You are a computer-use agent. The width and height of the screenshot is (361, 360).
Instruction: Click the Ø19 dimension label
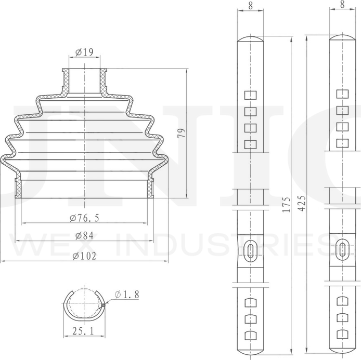tap(84, 52)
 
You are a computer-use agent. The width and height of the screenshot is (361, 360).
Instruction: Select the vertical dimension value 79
tap(181, 134)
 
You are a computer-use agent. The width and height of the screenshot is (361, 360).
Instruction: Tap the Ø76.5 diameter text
tap(84, 217)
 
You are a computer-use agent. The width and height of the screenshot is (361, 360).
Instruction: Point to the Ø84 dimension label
tap(84, 236)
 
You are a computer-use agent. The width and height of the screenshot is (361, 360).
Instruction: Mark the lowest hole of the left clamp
tap(251, 335)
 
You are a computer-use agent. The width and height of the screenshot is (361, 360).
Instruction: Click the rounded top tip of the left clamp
tap(251, 39)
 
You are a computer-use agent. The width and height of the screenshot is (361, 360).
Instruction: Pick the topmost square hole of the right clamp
tap(342, 94)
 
